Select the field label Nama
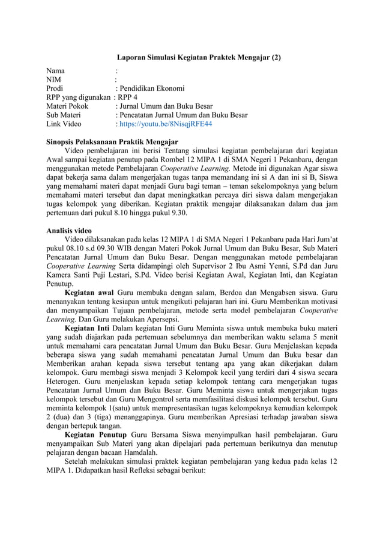pyautogui.click(x=56, y=72)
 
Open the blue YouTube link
pyautogui.click(x=166, y=124)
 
